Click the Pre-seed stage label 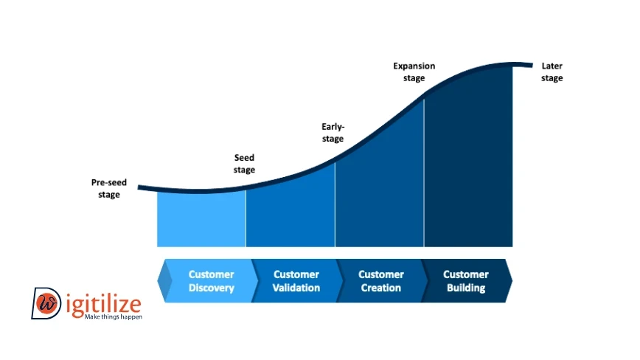tap(109, 188)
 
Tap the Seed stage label tap(244, 163)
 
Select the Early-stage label tap(333, 132)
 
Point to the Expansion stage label tap(414, 72)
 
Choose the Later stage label tap(552, 72)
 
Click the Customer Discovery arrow tap(208, 281)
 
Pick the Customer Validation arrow tap(296, 281)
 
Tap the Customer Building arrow tap(467, 281)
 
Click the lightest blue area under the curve tap(201, 219)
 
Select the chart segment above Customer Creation tap(380, 188)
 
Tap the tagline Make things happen tap(114, 316)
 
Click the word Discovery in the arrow tap(212, 288)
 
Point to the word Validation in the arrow tap(296, 288)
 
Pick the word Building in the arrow tap(466, 288)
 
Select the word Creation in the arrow tap(381, 288)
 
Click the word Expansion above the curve tap(414, 66)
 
